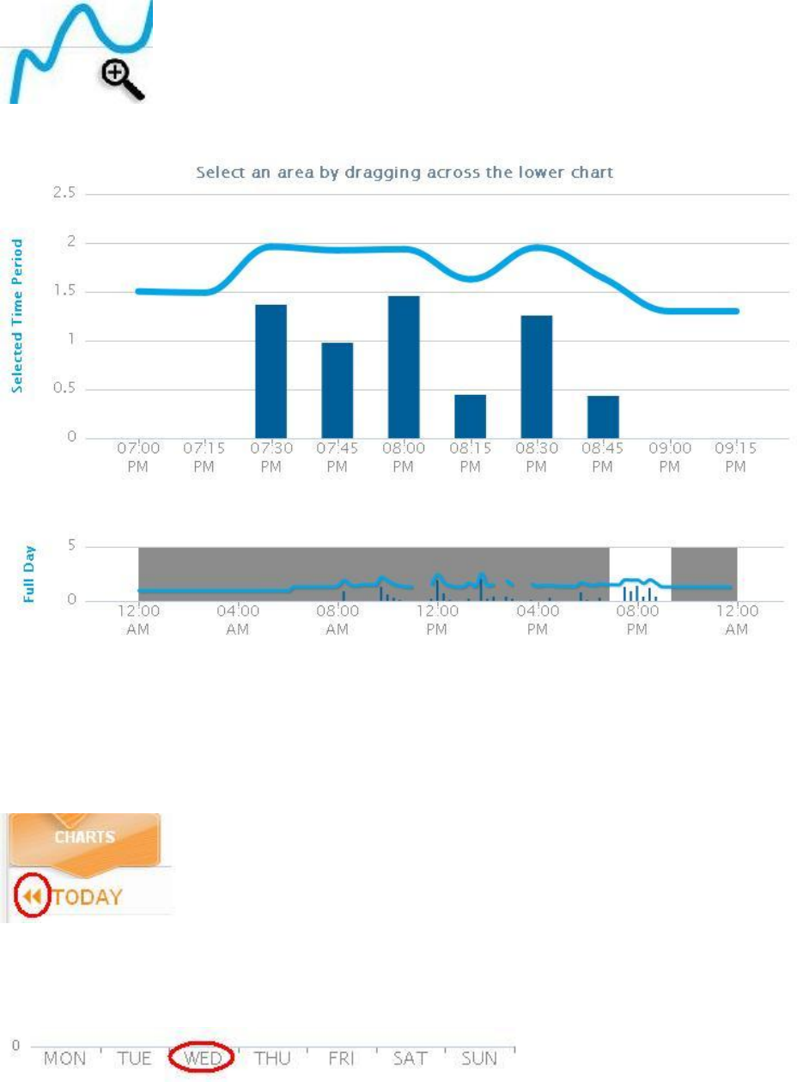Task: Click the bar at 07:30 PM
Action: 271,371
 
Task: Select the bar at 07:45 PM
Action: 338,390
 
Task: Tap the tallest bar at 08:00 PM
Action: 404,367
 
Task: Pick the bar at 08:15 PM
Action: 470,416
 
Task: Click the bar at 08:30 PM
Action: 537,376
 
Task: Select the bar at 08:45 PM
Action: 603,416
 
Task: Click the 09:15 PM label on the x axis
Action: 735,457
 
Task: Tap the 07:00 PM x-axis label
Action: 137,457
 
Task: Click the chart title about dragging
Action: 405,173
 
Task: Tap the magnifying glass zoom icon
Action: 123,81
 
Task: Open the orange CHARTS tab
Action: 86,836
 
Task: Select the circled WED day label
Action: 204,1058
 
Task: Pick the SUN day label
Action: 478,1058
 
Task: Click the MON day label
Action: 65,1058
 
